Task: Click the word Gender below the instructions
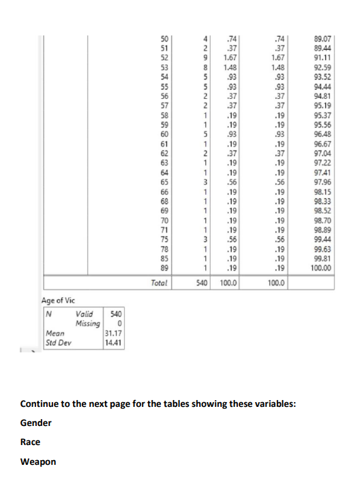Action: click(x=35, y=423)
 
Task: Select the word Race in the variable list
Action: click(x=30, y=442)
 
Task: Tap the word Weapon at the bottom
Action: click(x=38, y=462)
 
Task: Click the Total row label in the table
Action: click(x=162, y=281)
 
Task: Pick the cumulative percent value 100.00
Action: click(x=319, y=269)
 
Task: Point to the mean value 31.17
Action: click(x=112, y=333)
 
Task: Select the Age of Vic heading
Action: click(x=60, y=299)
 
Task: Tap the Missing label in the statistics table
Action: click(x=86, y=322)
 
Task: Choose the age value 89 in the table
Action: click(x=163, y=269)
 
